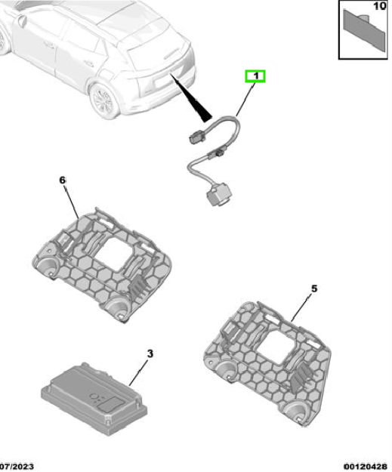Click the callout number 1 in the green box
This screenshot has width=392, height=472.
(256, 76)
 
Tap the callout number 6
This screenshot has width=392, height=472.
(63, 180)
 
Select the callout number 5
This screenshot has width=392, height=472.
(314, 289)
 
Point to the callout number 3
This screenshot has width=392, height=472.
(150, 353)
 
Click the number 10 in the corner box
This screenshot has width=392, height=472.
(379, 6)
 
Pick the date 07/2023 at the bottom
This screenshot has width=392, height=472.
(17, 467)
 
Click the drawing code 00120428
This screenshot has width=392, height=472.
(366, 467)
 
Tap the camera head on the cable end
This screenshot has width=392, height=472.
(219, 195)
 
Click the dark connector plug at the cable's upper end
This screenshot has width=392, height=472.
(197, 138)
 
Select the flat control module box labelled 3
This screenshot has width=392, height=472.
(94, 398)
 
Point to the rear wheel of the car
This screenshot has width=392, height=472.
(104, 100)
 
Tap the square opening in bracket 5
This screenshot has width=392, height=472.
(276, 344)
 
